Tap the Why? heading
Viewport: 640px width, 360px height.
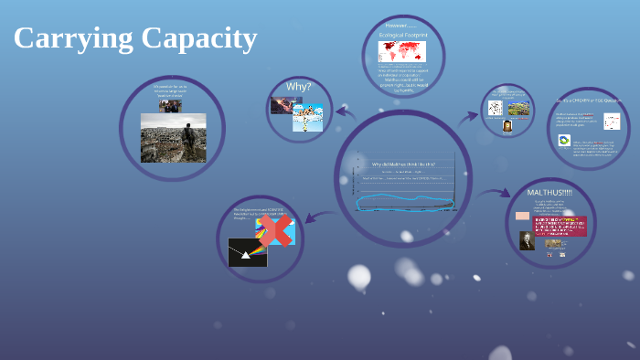[x=299, y=87]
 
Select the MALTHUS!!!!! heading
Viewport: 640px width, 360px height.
[x=549, y=193]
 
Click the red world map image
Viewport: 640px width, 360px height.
[x=402, y=51]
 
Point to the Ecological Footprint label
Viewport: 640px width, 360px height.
[x=402, y=35]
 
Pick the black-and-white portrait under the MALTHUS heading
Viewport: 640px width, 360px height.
[x=528, y=240]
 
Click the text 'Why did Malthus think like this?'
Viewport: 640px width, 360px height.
[x=403, y=164]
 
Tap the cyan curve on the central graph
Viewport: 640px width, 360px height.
[x=403, y=201]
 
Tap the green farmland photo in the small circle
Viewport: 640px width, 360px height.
[x=518, y=109]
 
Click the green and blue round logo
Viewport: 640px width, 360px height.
[x=565, y=143]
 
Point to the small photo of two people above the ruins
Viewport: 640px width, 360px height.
[x=170, y=105]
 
